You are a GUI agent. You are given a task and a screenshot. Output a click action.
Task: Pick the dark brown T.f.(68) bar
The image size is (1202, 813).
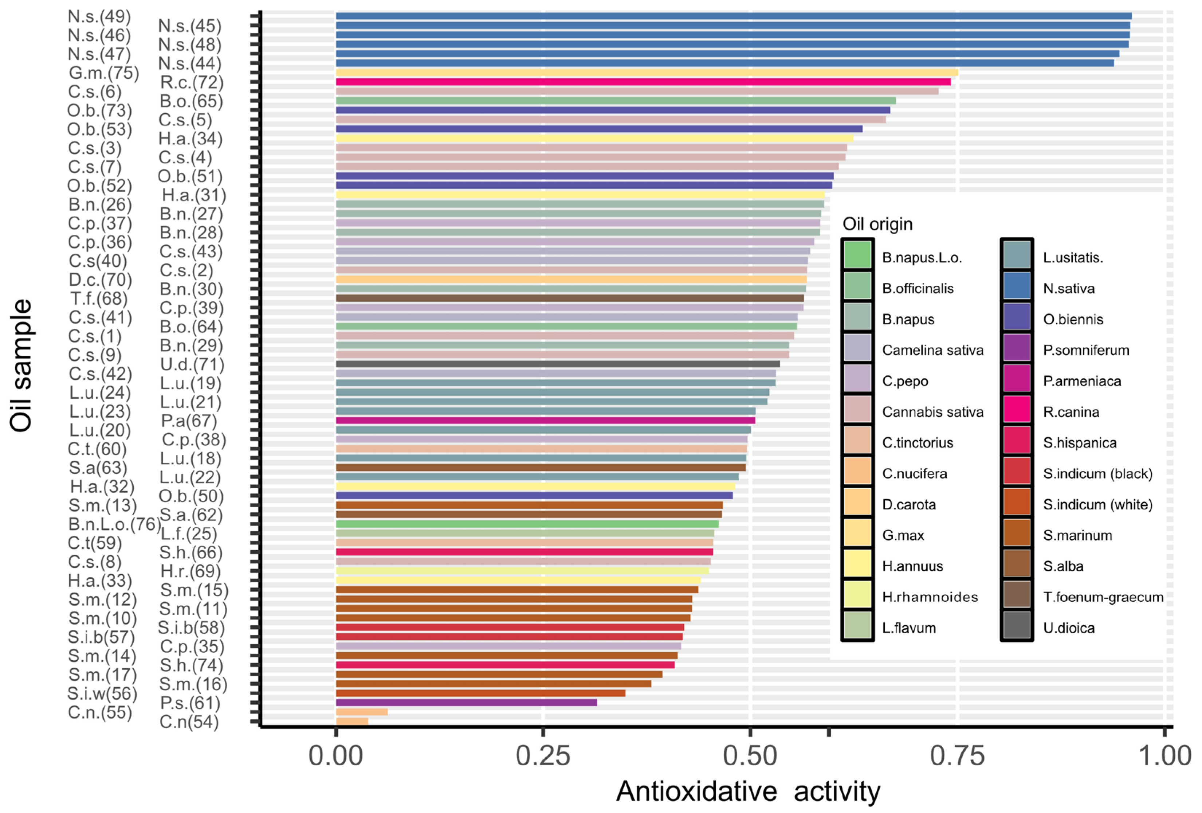point(569,298)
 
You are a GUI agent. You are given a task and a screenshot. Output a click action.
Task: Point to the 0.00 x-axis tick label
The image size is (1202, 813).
point(336,756)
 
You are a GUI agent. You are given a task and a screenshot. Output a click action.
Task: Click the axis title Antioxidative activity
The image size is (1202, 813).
point(748,791)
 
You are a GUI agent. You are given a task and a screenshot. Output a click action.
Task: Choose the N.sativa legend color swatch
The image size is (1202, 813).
point(1016,288)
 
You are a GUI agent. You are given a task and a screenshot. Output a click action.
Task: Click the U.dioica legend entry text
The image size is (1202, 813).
point(1069,628)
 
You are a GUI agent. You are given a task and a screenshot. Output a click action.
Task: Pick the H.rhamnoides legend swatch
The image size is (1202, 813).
point(857,597)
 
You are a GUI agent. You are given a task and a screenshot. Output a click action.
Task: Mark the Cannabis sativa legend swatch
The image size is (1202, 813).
point(857,412)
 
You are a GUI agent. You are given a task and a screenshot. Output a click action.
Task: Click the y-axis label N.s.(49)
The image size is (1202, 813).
point(99,16)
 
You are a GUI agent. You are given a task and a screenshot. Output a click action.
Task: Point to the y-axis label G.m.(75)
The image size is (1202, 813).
point(104,73)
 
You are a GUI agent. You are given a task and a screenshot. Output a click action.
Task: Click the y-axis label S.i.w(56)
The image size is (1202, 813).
point(102,693)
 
